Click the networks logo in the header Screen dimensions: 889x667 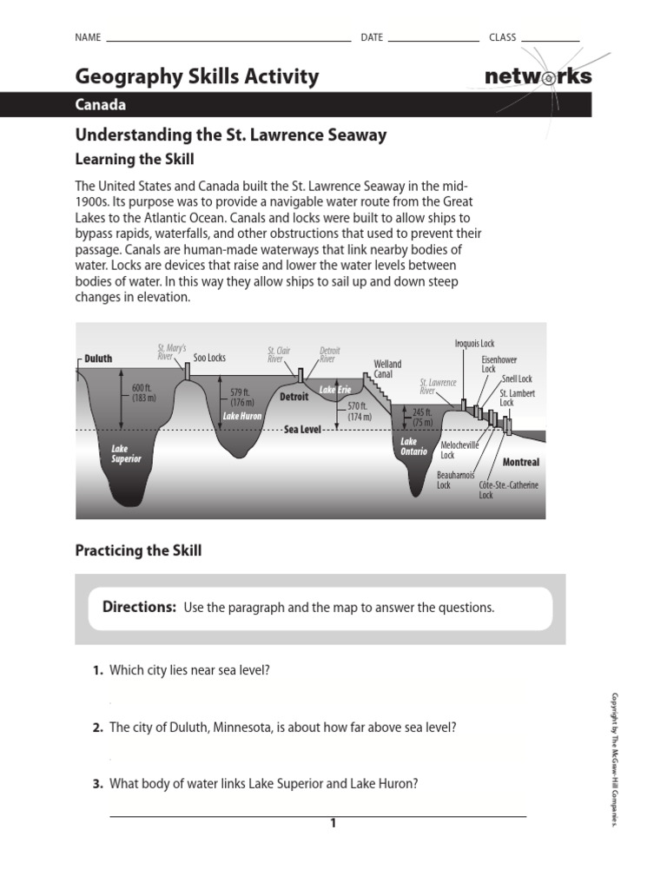coord(538,76)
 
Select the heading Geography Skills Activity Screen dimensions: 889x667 coord(196,76)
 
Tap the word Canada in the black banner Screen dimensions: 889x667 coord(101,105)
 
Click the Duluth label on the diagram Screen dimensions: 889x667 coord(98,358)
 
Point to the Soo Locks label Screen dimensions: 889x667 coord(209,358)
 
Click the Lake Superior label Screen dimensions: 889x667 coord(125,454)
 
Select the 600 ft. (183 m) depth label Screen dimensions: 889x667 coord(143,392)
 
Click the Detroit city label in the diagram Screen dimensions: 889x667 coord(294,397)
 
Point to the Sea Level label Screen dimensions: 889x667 coord(302,430)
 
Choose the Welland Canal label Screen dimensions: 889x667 coord(387,369)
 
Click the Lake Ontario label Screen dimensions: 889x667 coord(413,447)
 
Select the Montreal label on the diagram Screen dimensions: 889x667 coord(520,463)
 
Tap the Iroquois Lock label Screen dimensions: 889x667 coord(474,344)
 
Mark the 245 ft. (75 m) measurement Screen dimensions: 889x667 coord(422,418)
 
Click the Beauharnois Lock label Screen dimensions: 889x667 coord(455,480)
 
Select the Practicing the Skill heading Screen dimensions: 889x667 coord(138,551)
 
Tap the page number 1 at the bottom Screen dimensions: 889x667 coord(333,823)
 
